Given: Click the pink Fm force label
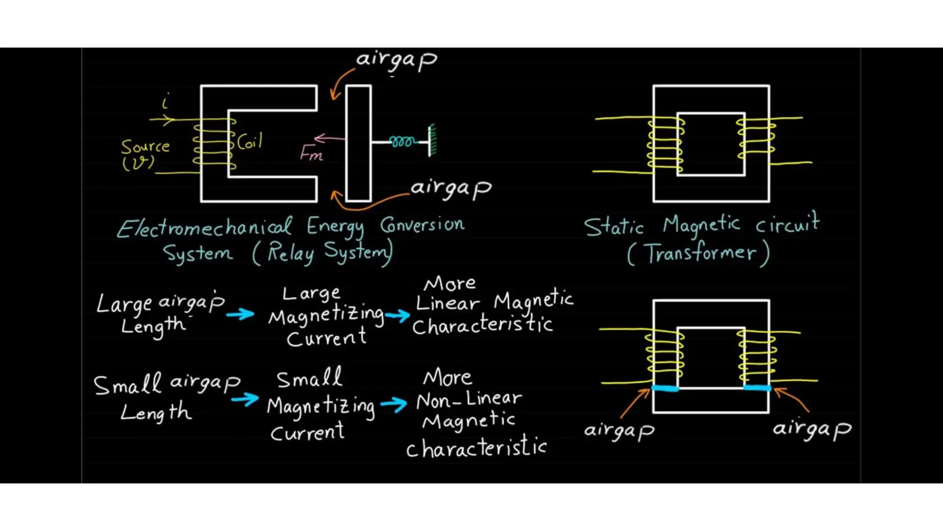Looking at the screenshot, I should [311, 153].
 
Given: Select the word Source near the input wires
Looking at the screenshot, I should [145, 147].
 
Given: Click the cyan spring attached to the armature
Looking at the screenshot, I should [402, 142].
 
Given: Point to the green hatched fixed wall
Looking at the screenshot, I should [432, 140].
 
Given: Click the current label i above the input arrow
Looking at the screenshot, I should [165, 101].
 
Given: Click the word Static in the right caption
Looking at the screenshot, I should [614, 227].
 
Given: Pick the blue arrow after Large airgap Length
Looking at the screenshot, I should [240, 314].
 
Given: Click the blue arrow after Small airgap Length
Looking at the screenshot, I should [245, 399].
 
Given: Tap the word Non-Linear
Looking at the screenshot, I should [469, 399].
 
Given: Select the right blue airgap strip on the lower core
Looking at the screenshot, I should [757, 388].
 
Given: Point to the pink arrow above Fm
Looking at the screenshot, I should [329, 138].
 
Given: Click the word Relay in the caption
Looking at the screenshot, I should [291, 253].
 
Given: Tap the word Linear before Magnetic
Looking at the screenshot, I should [447, 304].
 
